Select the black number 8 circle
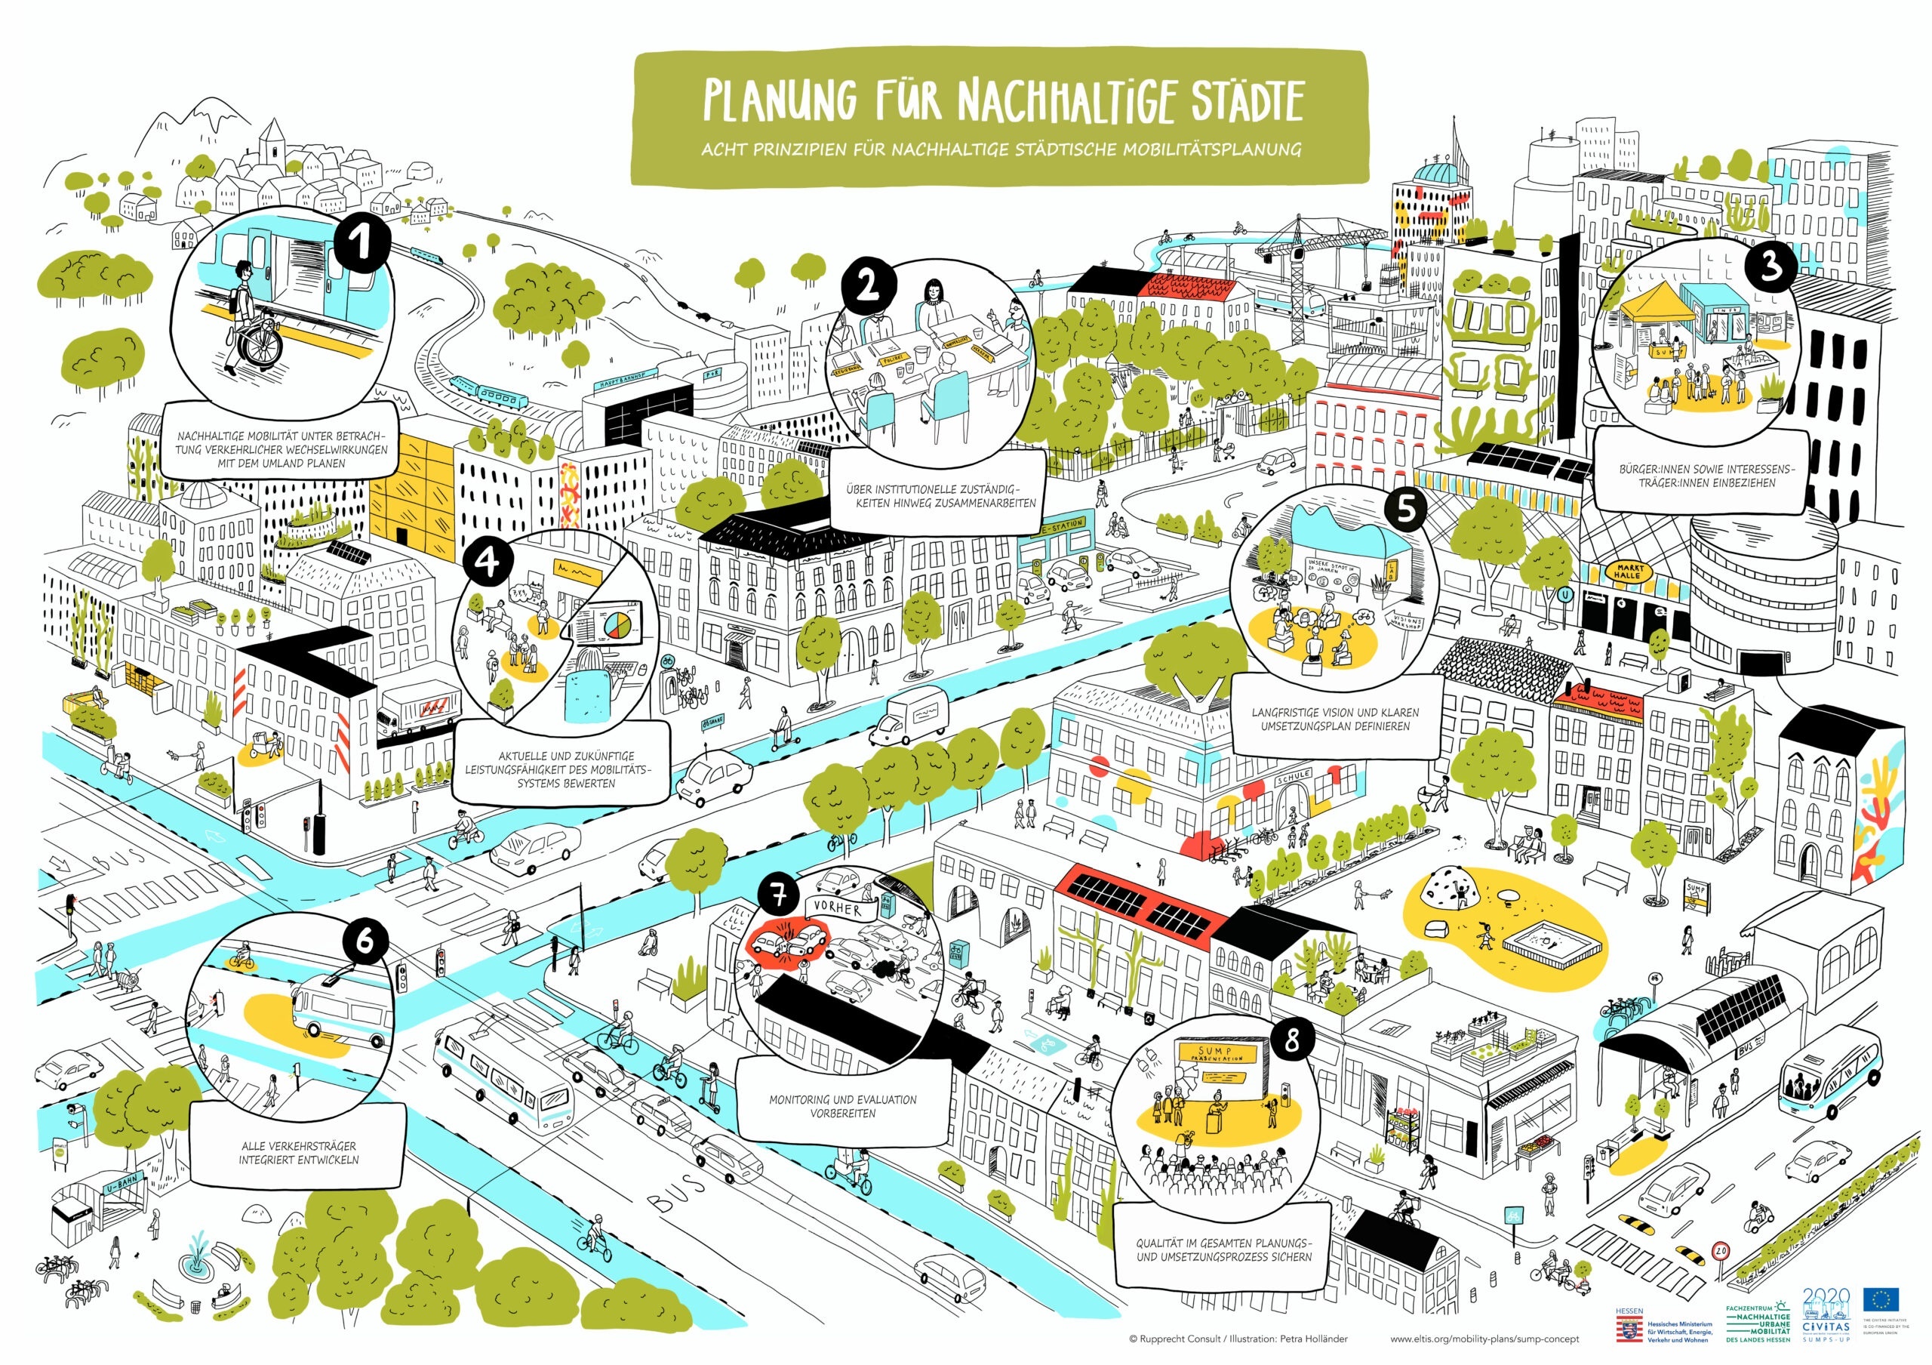[x=1291, y=1041]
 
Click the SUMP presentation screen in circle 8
[x=1218, y=1057]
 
